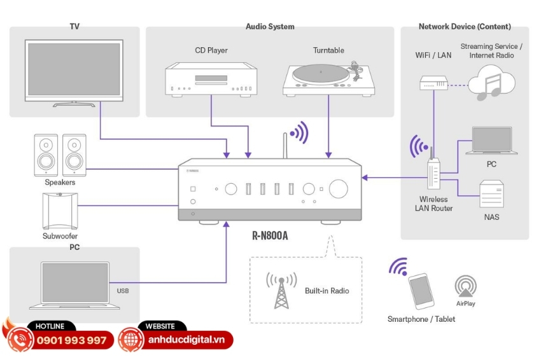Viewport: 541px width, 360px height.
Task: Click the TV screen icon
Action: (x=73, y=69)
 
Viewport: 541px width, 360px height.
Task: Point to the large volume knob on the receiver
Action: (x=339, y=189)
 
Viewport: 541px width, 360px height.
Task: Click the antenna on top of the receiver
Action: (x=285, y=146)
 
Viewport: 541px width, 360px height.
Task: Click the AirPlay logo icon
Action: (x=465, y=286)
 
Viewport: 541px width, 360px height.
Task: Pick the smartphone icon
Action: (x=421, y=291)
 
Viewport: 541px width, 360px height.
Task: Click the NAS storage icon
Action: (x=491, y=195)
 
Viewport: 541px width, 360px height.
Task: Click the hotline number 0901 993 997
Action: (x=72, y=340)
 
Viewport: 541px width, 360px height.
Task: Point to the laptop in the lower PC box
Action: (x=75, y=285)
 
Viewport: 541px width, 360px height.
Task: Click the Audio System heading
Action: (x=270, y=27)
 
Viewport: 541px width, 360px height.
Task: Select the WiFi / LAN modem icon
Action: (x=433, y=82)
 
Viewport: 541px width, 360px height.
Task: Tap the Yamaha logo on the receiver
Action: (x=192, y=170)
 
